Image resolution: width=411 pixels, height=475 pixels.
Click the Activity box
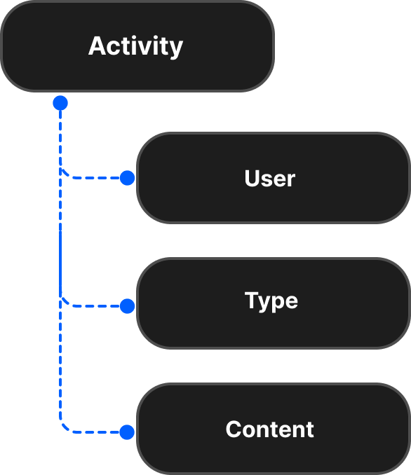(x=137, y=46)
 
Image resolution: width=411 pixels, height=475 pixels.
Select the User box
(x=273, y=178)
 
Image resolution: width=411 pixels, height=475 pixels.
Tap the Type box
(x=273, y=303)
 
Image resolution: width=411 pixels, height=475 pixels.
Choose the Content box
(x=273, y=429)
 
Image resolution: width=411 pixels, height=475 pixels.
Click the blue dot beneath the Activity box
(x=60, y=104)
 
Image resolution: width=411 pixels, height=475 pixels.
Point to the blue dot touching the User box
(x=127, y=178)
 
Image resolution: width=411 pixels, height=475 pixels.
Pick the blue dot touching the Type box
(x=127, y=306)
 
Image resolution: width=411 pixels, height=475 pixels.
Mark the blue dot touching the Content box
(x=127, y=432)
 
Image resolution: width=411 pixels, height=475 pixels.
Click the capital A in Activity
(x=97, y=46)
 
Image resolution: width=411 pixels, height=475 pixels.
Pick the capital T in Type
(x=252, y=300)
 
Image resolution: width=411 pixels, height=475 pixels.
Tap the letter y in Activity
(x=175, y=49)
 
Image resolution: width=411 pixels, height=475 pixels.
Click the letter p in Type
(x=276, y=303)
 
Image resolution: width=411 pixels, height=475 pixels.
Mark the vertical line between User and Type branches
(x=60, y=238)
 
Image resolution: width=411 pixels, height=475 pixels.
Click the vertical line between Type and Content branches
(x=60, y=364)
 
